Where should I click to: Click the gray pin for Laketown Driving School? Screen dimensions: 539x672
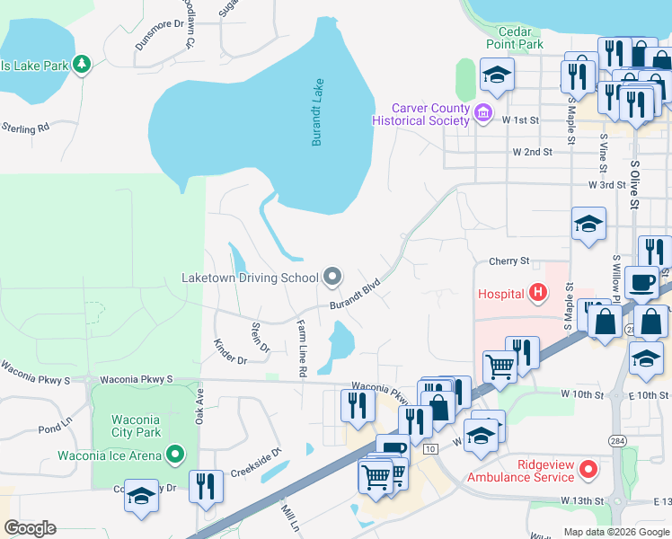[332, 277]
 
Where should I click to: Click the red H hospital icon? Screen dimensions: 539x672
[537, 292]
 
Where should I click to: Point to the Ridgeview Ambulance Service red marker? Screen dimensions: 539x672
[588, 469]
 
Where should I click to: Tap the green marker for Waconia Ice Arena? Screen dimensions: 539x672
[175, 455]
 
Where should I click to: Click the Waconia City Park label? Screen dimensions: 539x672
[136, 427]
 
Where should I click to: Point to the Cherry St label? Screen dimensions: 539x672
[508, 261]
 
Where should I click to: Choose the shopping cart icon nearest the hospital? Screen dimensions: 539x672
[500, 365]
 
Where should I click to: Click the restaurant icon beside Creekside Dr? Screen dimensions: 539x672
[207, 488]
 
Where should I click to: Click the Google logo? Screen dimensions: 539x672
[30, 528]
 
